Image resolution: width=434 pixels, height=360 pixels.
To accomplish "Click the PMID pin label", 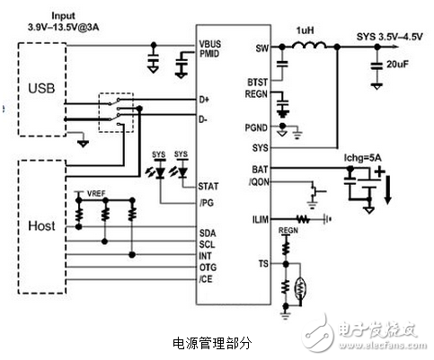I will click(208, 53).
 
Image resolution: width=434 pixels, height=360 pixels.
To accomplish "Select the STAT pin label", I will click(208, 186).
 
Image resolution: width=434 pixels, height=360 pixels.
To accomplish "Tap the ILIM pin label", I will click(261, 217).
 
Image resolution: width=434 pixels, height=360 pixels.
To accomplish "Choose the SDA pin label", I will click(208, 232).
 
